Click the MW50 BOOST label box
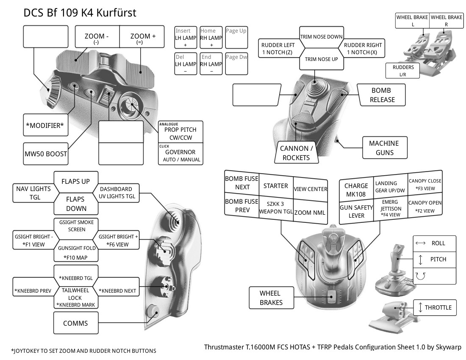tap(45, 154)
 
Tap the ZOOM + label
tap(143, 37)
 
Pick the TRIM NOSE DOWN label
tap(321, 37)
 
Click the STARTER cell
tap(275, 186)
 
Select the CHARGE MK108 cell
tap(356, 190)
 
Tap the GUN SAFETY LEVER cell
tap(356, 211)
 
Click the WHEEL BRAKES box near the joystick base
tap(270, 297)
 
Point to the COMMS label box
tap(75, 323)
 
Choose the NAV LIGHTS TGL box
tap(33, 193)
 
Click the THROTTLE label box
tap(435, 307)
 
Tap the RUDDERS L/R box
tap(403, 71)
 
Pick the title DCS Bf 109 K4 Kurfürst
tap(80, 13)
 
